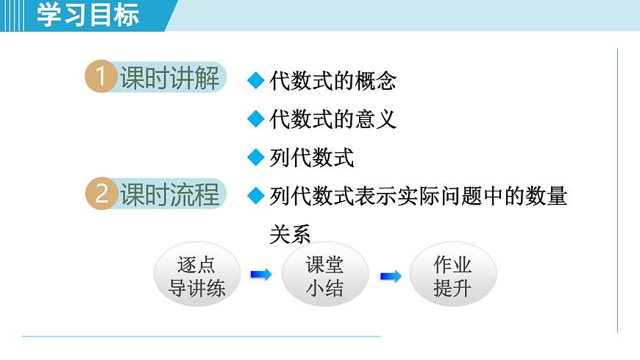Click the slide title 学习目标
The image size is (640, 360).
click(88, 15)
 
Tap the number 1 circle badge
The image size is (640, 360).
click(101, 77)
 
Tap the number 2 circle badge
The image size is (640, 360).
click(101, 194)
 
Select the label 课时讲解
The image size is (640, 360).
click(170, 77)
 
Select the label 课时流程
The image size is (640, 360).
click(170, 194)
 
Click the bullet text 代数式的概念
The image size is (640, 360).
click(333, 81)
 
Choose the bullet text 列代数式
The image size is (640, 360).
click(311, 158)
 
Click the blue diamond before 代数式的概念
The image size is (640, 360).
click(255, 80)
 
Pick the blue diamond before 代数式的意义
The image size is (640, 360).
click(255, 119)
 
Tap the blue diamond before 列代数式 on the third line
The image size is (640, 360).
click(255, 157)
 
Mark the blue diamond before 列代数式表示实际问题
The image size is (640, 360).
click(255, 196)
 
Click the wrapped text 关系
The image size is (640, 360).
click(290, 234)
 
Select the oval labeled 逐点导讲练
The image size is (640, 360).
click(196, 275)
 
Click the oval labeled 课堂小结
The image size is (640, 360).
click(324, 275)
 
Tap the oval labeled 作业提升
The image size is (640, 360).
click(452, 275)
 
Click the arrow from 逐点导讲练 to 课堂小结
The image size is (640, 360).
click(261, 275)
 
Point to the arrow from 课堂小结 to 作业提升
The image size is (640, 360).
click(390, 276)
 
